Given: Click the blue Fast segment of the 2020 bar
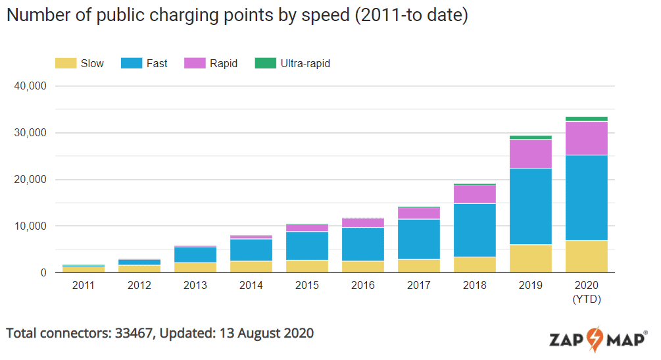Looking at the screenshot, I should point(586,197).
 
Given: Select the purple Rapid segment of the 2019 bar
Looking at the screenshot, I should point(530,154).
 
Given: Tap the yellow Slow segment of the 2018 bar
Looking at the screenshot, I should point(474,265).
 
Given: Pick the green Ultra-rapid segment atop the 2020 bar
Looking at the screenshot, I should point(586,119).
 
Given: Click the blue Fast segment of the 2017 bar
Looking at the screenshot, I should point(418,239).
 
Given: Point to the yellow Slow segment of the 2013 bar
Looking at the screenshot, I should point(195,267).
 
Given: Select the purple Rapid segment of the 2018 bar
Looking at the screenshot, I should point(474,194).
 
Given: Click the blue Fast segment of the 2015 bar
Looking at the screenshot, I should point(307,245).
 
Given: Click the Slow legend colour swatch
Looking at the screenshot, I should point(64,63).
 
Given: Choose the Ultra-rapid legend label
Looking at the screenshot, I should point(305,63).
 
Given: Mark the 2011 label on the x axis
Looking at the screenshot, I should point(84,286).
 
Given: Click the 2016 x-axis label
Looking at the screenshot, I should point(363,286).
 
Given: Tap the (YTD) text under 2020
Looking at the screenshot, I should point(586,298).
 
